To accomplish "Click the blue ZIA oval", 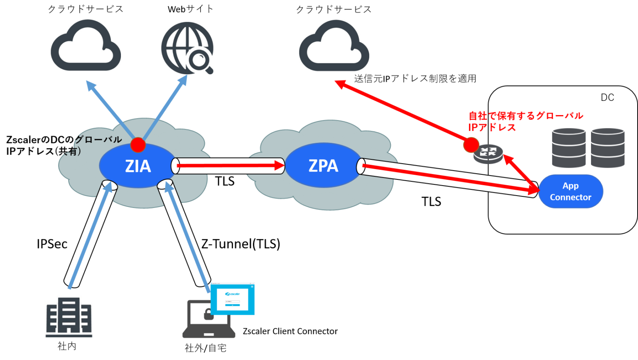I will tap(137, 166).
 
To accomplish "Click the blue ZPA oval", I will tap(323, 166).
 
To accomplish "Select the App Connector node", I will tap(570, 191).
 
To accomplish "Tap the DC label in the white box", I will tap(607, 98).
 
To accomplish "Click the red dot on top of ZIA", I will tap(137, 145).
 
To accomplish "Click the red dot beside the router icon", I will tap(471, 145).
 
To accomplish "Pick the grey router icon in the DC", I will tap(488, 154).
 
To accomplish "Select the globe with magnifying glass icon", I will tap(187, 48).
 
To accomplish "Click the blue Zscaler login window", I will tap(233, 299).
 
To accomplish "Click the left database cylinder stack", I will tap(568, 147).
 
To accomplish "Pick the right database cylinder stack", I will tap(607, 147).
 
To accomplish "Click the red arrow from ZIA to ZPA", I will tap(228, 166).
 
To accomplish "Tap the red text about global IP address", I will tap(525, 121).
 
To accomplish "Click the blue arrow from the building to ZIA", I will tap(89, 237).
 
